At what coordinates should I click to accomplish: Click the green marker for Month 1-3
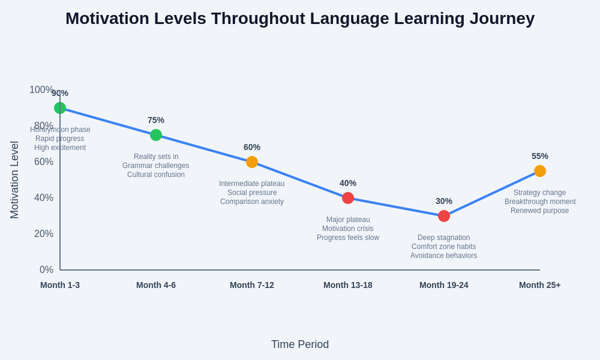pyautogui.click(x=60, y=108)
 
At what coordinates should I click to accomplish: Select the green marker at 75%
pyautogui.click(x=156, y=135)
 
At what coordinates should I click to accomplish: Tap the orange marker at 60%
pyautogui.click(x=252, y=162)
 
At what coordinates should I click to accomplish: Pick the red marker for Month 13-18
pyautogui.click(x=348, y=198)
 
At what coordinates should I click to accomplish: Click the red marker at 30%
pyautogui.click(x=444, y=216)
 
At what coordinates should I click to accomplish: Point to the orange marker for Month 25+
pyautogui.click(x=540, y=171)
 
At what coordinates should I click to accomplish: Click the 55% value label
pyautogui.click(x=540, y=156)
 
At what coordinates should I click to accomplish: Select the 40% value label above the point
pyautogui.click(x=348, y=183)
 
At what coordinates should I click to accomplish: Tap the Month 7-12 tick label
pyautogui.click(x=252, y=285)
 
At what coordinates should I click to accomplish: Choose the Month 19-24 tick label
pyautogui.click(x=444, y=285)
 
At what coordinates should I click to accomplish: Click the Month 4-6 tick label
pyautogui.click(x=156, y=285)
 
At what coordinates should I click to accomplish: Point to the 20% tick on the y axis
pyautogui.click(x=44, y=234)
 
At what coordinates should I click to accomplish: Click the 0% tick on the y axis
pyautogui.click(x=46, y=270)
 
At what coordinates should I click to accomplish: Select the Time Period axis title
pyautogui.click(x=300, y=344)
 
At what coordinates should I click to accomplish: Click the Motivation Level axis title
pyautogui.click(x=14, y=180)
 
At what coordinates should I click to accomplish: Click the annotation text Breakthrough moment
pyautogui.click(x=540, y=202)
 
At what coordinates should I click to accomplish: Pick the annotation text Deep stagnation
pyautogui.click(x=444, y=238)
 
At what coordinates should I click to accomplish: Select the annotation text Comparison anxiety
pyautogui.click(x=252, y=202)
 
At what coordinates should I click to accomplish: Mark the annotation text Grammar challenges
pyautogui.click(x=156, y=166)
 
